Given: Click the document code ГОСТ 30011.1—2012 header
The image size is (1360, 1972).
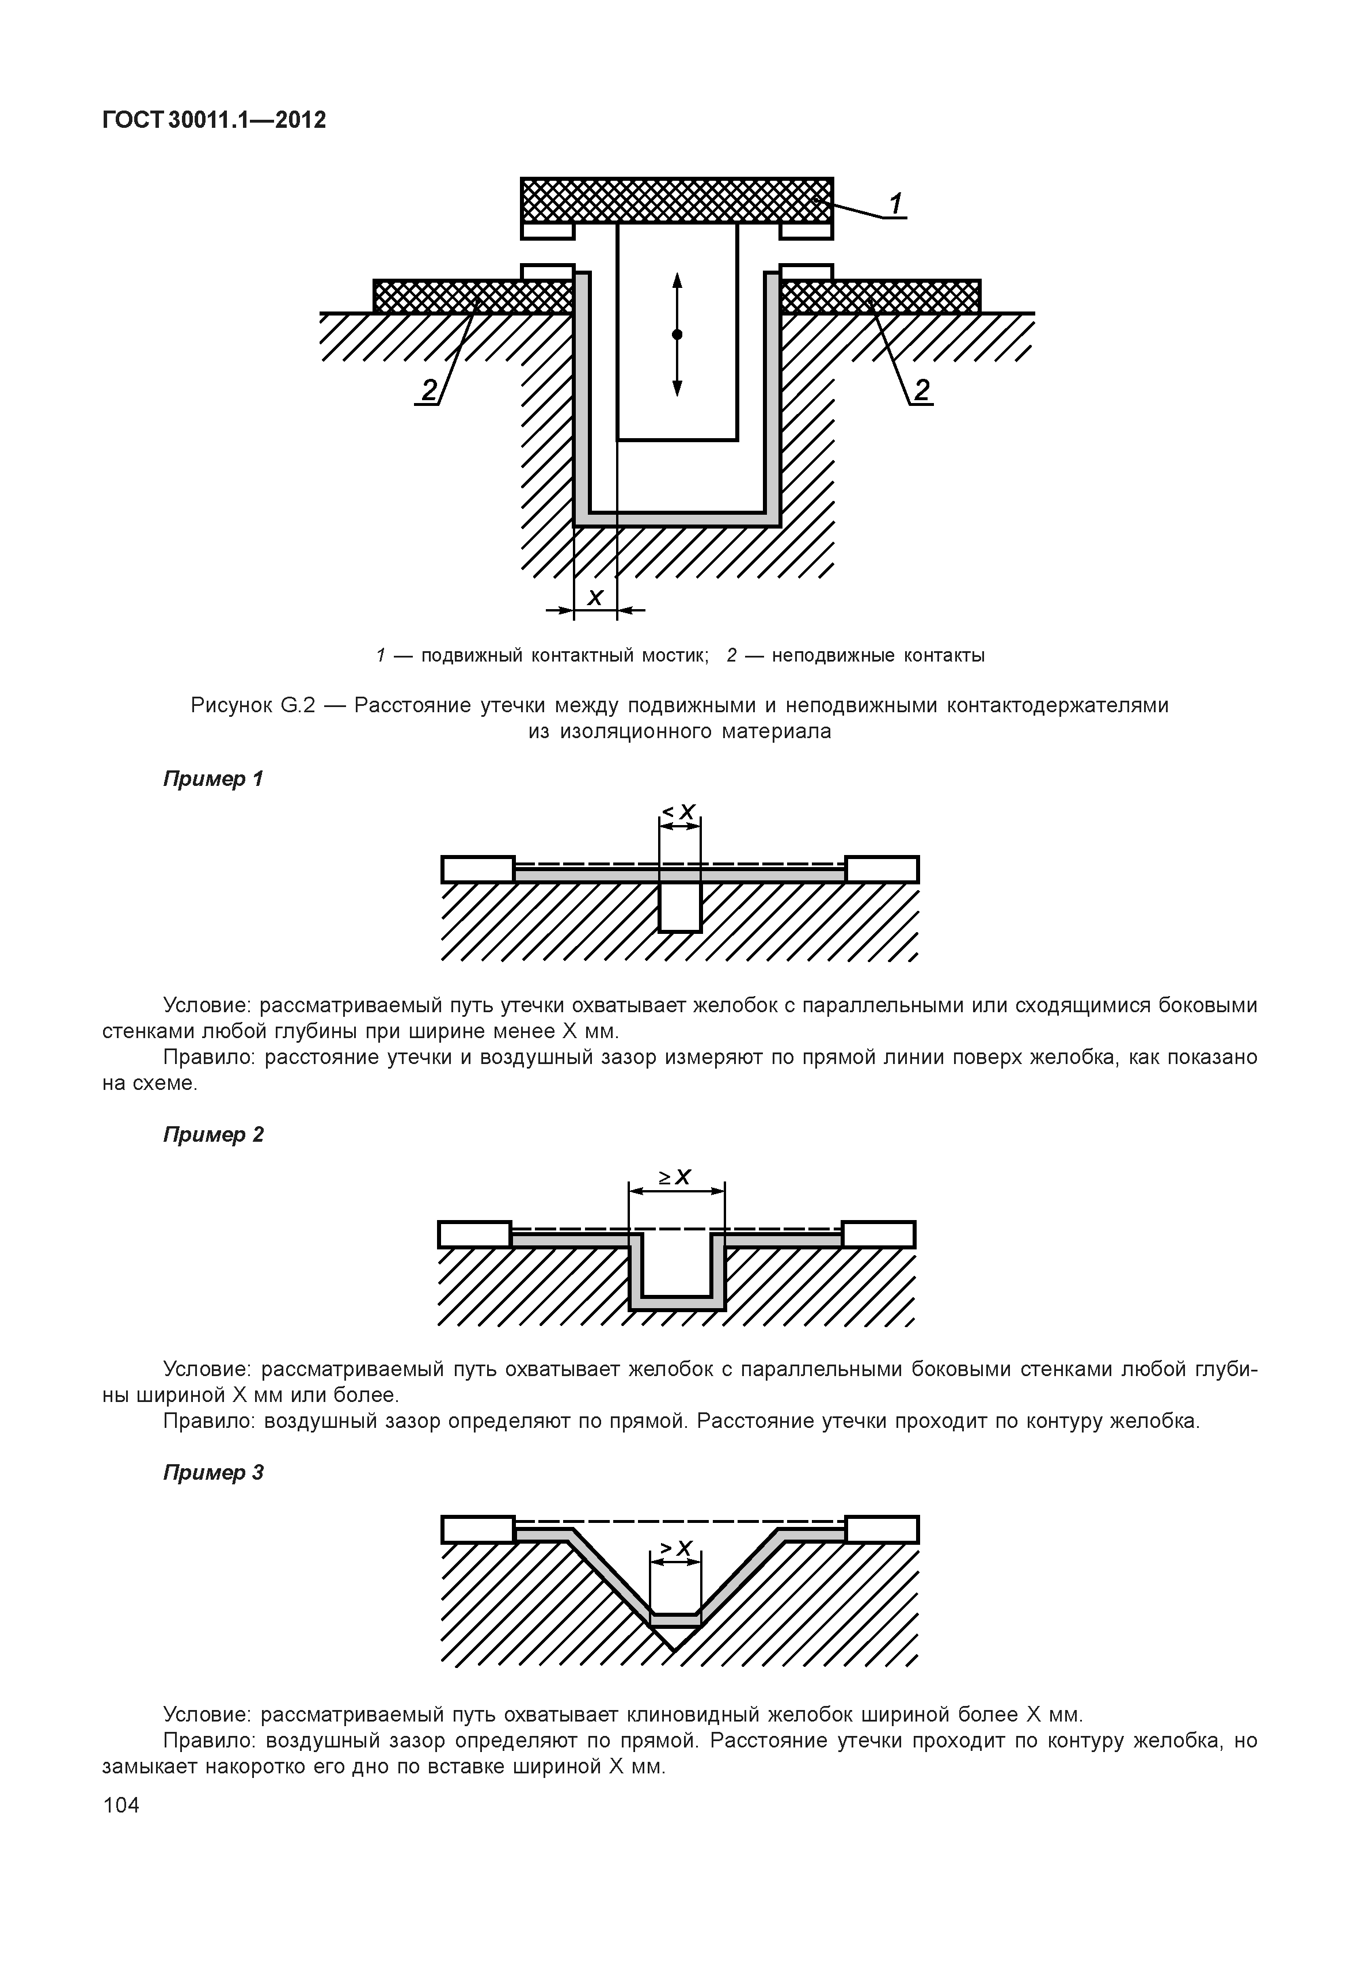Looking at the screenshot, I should tap(214, 120).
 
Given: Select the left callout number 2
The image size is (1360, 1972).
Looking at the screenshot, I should tap(428, 390).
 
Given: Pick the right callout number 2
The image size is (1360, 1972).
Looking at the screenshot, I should tap(921, 390).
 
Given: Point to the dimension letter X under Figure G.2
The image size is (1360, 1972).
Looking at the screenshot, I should tap(595, 598).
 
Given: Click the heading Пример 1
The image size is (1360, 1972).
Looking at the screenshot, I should tap(213, 779).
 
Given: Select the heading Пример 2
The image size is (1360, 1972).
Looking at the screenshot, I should tap(213, 1134).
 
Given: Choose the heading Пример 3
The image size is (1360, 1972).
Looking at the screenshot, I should tap(213, 1473).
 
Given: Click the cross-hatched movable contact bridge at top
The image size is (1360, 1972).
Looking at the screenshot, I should tap(677, 199).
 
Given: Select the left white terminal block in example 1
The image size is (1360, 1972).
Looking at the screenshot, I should tap(478, 869).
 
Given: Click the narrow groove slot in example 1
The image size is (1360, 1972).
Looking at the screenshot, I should tap(680, 907).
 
